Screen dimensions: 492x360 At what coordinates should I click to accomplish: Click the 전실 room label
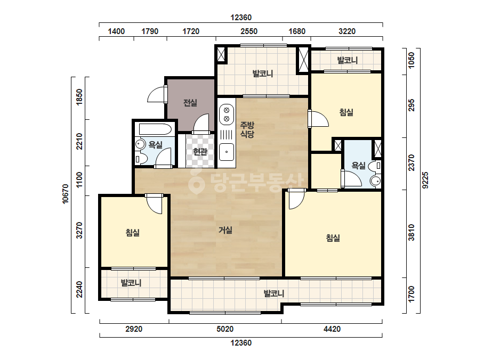pos(190,103)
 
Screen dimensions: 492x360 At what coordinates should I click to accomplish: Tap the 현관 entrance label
pos(200,152)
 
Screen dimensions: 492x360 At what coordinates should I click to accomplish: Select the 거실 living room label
pos(225,230)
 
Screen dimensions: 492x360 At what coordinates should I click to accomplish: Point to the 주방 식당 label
pos(247,130)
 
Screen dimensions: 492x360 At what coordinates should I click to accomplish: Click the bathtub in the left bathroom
pos(155,129)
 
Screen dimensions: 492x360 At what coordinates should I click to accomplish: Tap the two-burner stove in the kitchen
pos(226,114)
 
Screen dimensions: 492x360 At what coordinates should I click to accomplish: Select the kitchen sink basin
pos(226,152)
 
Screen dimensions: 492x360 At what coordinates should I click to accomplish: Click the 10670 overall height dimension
pos(65,194)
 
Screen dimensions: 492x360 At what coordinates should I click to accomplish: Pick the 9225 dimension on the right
pos(425,180)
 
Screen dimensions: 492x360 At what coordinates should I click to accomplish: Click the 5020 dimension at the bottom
pos(225,329)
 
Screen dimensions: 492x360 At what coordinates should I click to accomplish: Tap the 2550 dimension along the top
pos(249,31)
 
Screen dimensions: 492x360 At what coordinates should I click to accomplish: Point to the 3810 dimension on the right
pos(412,233)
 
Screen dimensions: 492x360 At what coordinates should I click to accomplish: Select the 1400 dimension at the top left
pos(116,31)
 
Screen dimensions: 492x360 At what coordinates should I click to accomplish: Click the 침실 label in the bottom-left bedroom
pos(132,233)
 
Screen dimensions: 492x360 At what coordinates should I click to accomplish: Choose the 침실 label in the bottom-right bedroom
pos(333,238)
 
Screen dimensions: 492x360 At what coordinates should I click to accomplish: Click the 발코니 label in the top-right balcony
pos(348,60)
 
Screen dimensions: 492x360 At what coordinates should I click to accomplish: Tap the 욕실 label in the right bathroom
pos(358,165)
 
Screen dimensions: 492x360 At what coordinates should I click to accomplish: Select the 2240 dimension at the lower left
pos(80,290)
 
